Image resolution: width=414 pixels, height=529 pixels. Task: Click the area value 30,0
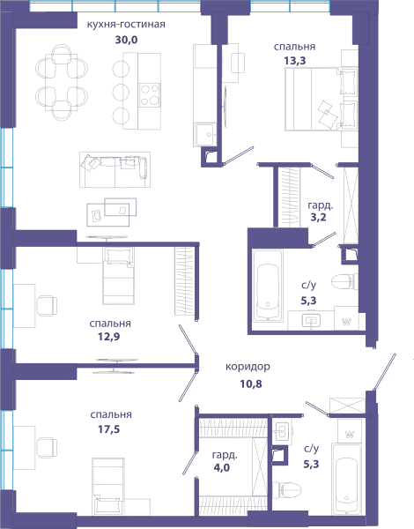click(x=127, y=40)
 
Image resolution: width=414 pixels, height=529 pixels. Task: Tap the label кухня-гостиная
click(x=126, y=25)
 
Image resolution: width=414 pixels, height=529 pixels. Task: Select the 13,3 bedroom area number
click(x=295, y=61)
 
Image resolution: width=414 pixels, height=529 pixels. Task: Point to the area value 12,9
click(x=109, y=337)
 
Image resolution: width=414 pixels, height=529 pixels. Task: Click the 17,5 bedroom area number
click(x=109, y=429)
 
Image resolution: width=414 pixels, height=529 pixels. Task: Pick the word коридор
click(x=248, y=367)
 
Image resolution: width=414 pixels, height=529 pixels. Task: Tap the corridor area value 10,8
click(x=251, y=384)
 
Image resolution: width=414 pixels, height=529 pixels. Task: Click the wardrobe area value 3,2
click(x=318, y=217)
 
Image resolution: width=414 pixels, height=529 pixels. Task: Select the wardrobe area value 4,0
click(x=222, y=467)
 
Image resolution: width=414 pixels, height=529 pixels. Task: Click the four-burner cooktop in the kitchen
click(x=150, y=95)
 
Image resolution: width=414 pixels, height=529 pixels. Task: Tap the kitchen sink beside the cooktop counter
click(x=204, y=135)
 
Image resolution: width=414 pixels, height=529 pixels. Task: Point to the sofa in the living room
click(x=115, y=169)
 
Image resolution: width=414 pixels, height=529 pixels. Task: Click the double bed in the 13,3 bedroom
click(x=321, y=99)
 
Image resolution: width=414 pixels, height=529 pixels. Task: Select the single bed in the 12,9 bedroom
click(x=118, y=276)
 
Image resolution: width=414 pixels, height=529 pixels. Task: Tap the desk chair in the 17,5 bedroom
click(x=47, y=447)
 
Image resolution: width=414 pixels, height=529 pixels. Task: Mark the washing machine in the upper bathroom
click(x=346, y=318)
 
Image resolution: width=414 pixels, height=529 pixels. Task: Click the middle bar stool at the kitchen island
click(x=121, y=92)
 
